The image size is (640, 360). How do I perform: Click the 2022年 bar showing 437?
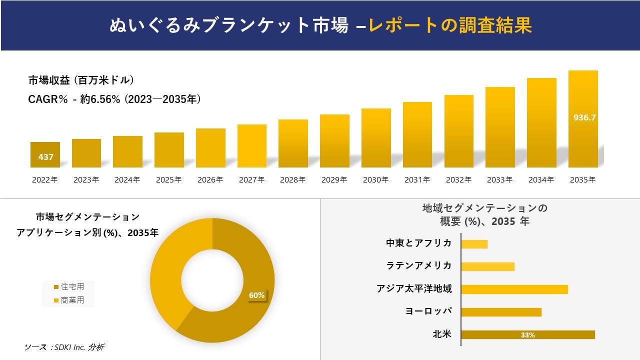point(45,154)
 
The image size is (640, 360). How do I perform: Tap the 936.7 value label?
point(583,118)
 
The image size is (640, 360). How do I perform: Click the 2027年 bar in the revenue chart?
point(252,145)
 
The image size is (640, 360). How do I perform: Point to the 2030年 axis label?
point(375,180)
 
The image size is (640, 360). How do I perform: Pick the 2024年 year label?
point(127,180)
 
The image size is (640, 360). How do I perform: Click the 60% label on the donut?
point(256,295)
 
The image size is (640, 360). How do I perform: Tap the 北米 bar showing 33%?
point(528,335)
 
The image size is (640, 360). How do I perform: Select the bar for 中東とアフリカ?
point(474,244)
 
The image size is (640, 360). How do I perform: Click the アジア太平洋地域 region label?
point(414,289)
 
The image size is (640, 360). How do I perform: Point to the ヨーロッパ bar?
point(501,312)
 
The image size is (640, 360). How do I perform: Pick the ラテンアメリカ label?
point(418,266)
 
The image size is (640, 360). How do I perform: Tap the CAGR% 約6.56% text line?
point(114,99)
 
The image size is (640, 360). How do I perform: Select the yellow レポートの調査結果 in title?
point(450,25)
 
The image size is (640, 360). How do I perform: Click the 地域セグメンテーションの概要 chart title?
point(484,214)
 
